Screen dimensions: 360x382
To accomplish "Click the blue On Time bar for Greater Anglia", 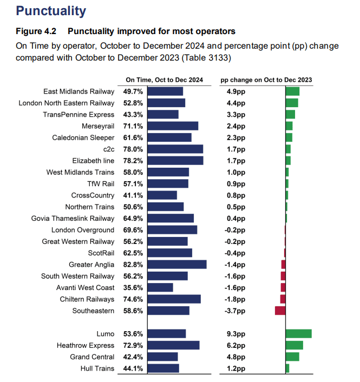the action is tap(177, 265).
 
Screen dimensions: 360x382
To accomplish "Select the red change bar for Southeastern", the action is tap(280, 311).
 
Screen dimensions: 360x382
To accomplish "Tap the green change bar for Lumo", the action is tap(299, 334).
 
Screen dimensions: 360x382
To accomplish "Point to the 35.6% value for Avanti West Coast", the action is tap(133, 288).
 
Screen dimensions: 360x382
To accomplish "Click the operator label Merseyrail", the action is tap(98, 126).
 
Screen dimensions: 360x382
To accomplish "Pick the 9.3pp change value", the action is tap(236, 334).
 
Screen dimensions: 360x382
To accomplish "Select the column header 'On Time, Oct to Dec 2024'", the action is tap(164, 80).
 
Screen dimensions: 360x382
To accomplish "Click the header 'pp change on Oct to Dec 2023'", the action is tap(266, 80).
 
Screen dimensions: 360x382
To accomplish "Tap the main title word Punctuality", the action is tap(51, 11).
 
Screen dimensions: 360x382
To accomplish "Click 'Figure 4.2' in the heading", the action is tap(36, 31).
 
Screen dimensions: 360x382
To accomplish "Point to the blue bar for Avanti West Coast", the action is tap(160, 287).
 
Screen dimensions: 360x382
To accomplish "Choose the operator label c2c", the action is tap(109, 149).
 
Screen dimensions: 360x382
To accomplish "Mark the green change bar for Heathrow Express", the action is tap(294, 345).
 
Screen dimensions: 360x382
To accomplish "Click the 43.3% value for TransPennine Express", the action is tap(133, 115).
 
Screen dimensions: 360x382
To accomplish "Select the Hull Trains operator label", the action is tap(97, 368).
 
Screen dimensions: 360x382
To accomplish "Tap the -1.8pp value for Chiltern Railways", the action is tap(235, 299).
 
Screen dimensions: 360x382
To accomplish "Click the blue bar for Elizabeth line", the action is tap(175, 161).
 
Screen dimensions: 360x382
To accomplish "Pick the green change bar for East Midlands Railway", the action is tap(292, 91).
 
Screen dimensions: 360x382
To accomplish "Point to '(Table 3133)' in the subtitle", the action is tap(206, 58).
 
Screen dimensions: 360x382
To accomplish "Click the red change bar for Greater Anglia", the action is tap(283, 265).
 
